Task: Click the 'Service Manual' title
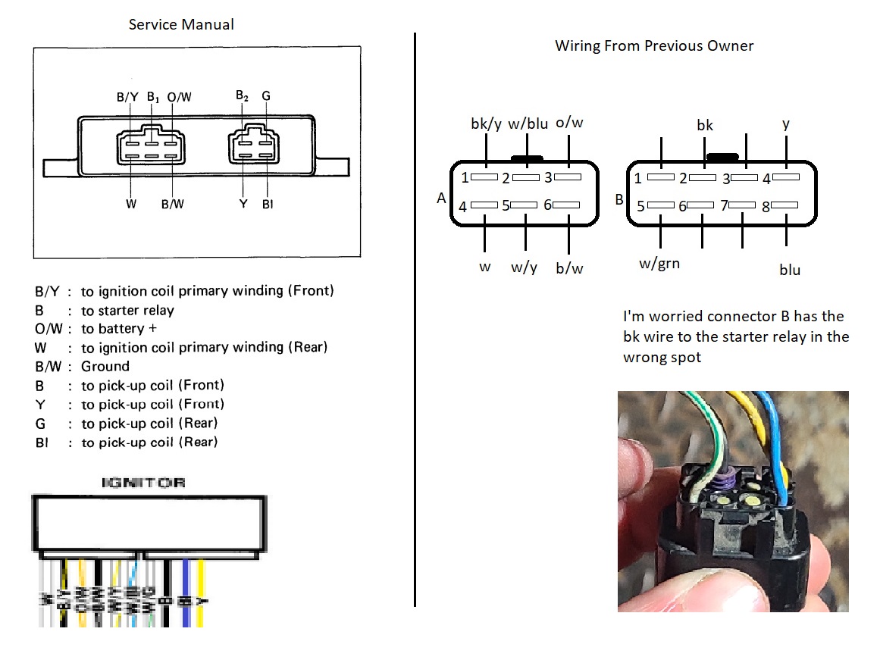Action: (x=181, y=24)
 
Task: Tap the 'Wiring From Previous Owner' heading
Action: (x=654, y=45)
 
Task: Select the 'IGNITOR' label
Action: (x=143, y=483)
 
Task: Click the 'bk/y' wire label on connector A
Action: (x=486, y=124)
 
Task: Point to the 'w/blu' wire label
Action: (x=528, y=124)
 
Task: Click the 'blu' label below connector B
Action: (x=789, y=269)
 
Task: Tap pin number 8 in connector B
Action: (x=766, y=206)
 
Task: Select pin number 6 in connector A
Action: (x=547, y=205)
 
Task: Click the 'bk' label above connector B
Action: (x=705, y=125)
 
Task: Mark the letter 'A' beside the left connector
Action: (x=441, y=199)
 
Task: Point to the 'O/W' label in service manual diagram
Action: (x=179, y=97)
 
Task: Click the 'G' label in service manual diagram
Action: (x=265, y=96)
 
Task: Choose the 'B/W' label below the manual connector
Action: (x=172, y=204)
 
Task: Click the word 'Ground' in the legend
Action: (x=105, y=366)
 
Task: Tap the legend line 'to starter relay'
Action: (x=127, y=310)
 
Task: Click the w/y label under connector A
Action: (x=524, y=267)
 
